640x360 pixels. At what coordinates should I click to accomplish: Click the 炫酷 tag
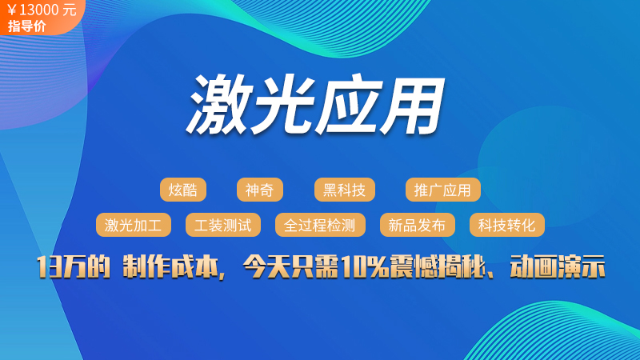(183, 190)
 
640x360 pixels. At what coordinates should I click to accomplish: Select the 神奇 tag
(259, 190)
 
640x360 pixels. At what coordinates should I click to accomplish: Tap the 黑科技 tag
(345, 190)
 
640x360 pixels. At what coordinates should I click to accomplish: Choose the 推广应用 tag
(443, 190)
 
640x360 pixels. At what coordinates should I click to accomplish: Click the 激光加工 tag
(134, 225)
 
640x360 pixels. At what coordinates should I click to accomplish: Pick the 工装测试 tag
(223, 225)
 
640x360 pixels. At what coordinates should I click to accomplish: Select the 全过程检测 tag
(320, 225)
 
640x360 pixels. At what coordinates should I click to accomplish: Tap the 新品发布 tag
(417, 225)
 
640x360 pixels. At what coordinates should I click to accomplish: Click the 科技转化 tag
(507, 225)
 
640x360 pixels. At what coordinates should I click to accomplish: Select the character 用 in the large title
(413, 104)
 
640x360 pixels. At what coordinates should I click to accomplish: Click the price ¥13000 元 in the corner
(42, 10)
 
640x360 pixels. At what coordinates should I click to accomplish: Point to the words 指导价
(26, 26)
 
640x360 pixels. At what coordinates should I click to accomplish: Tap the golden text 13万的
(74, 267)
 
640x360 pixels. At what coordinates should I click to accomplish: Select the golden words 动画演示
(557, 267)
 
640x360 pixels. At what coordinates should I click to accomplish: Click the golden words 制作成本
(170, 267)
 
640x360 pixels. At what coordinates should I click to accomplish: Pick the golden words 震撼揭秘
(437, 267)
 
